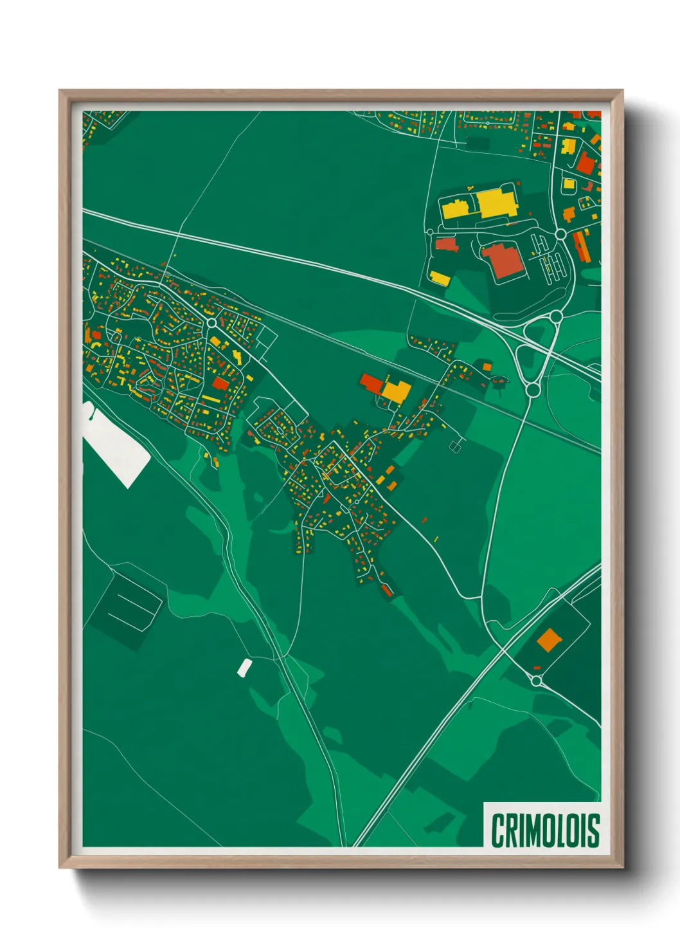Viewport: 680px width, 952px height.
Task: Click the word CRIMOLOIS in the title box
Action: coord(545,830)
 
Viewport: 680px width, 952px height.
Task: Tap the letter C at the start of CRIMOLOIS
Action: coord(498,830)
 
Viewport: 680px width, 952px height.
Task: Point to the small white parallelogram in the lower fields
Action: coord(244,668)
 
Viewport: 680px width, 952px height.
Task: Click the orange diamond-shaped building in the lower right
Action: coord(549,639)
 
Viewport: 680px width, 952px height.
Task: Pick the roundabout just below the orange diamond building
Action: coord(537,681)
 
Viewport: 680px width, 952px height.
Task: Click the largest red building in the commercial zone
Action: coord(502,261)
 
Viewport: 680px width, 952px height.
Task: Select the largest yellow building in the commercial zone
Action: coord(496,203)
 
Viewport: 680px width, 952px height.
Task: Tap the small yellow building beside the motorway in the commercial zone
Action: coord(440,278)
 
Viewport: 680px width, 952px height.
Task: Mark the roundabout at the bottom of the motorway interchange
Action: coord(532,389)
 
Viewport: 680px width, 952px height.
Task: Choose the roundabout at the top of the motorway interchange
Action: coord(556,316)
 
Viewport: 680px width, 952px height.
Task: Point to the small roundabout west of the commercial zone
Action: coord(430,232)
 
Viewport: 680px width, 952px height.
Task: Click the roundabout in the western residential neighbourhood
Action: coord(211,323)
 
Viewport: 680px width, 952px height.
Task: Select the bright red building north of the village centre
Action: coord(371,383)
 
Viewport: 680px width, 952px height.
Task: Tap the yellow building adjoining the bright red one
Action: coord(397,390)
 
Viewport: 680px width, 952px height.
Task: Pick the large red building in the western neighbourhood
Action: coord(220,383)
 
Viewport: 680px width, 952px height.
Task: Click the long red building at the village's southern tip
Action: coord(386,590)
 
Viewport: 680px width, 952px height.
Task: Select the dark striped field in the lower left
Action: coord(129,603)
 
